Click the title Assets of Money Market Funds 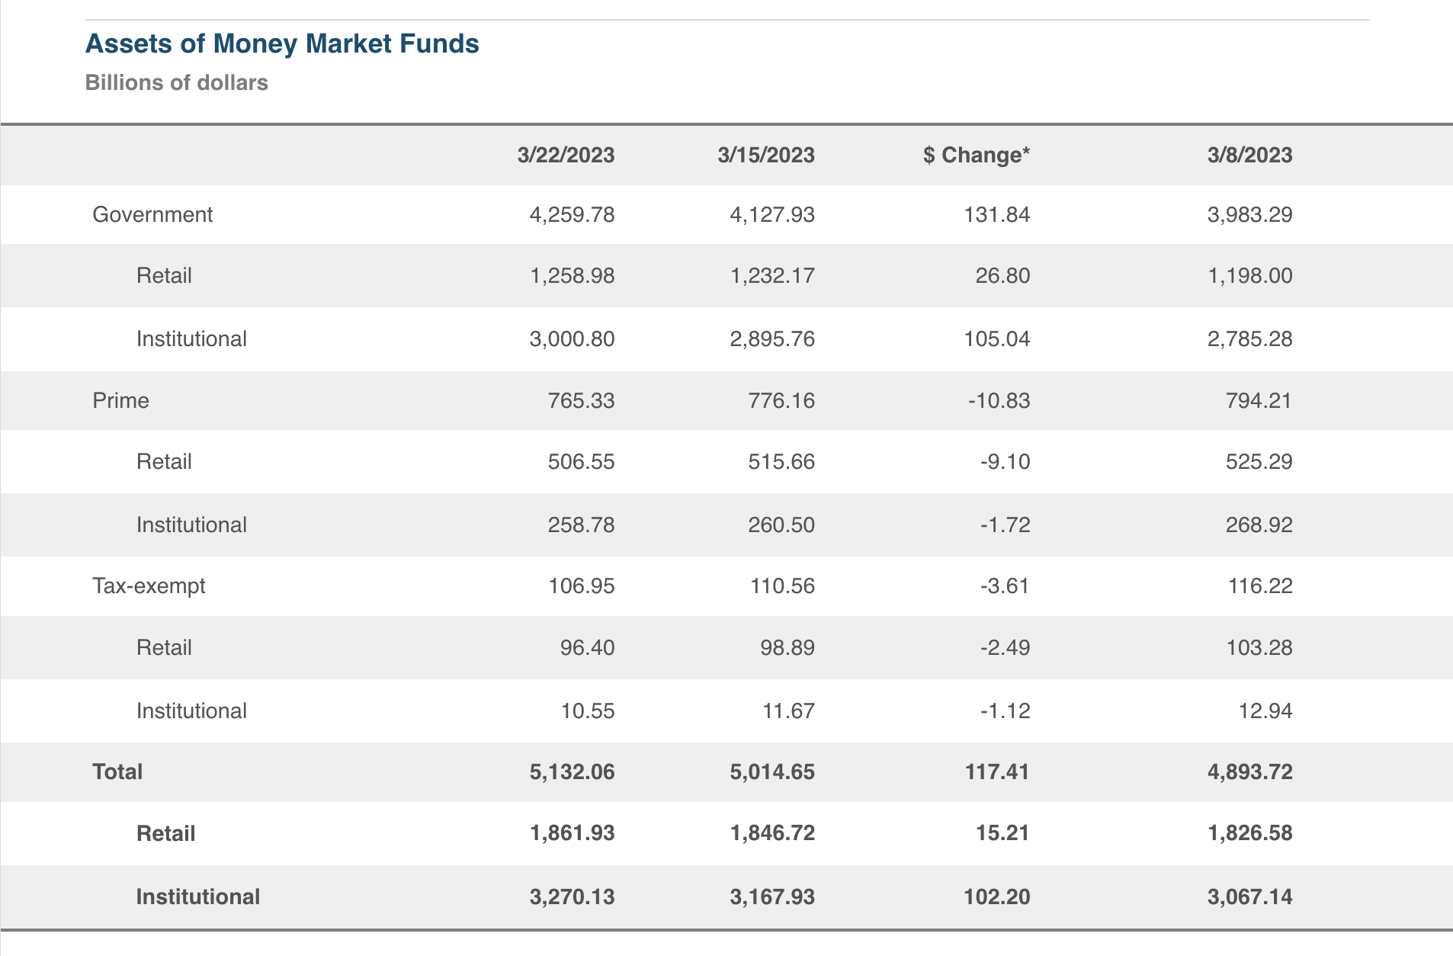point(282,44)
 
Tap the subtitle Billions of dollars point(176,82)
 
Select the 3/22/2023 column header point(566,155)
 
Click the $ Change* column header point(976,155)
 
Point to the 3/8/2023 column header point(1249,155)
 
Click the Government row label point(152,214)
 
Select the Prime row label point(120,400)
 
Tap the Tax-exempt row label point(149,585)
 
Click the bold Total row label point(117,772)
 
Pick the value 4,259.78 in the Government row point(572,214)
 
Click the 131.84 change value point(996,214)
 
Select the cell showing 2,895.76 point(772,338)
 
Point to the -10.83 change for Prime point(999,400)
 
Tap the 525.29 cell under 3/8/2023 point(1259,461)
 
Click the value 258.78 point(581,525)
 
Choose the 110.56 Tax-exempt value point(781,585)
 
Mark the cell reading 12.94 point(1265,711)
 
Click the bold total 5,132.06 point(572,772)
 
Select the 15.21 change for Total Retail point(1002,832)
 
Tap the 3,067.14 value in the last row point(1249,897)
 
